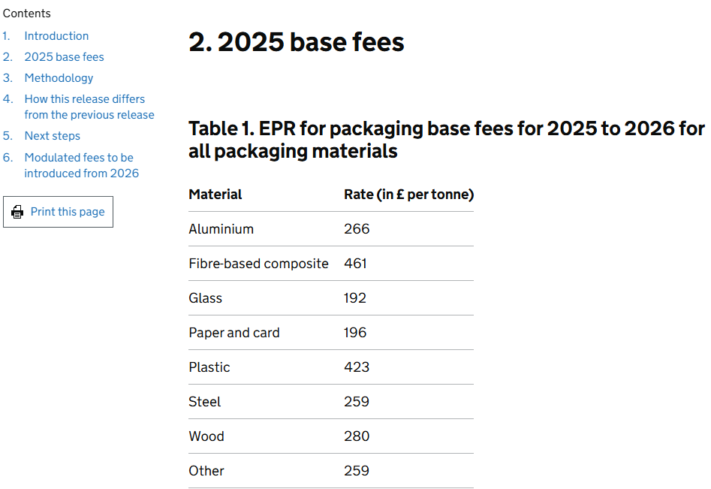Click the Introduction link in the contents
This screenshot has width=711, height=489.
point(56,36)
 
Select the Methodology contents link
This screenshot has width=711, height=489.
point(59,78)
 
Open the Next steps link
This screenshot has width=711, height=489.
point(52,136)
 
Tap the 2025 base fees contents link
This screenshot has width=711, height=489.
point(64,57)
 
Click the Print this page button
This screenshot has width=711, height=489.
point(59,212)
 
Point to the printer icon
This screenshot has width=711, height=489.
point(17,213)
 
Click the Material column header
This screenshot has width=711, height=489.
point(215,195)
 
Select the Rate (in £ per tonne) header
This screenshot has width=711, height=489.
point(408,195)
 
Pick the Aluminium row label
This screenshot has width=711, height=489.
point(221,229)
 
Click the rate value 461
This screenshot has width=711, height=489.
point(357,264)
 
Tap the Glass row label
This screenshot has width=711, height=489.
point(205,298)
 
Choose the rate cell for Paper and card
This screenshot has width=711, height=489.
point(355,333)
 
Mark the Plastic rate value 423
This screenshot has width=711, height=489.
point(357,367)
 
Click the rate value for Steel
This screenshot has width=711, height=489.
point(357,402)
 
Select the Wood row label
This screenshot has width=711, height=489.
point(206,436)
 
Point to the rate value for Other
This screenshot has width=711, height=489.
point(357,471)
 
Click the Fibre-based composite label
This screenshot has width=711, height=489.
point(258,264)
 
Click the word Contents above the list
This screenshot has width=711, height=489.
point(27,14)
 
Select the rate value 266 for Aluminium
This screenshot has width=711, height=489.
point(357,229)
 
